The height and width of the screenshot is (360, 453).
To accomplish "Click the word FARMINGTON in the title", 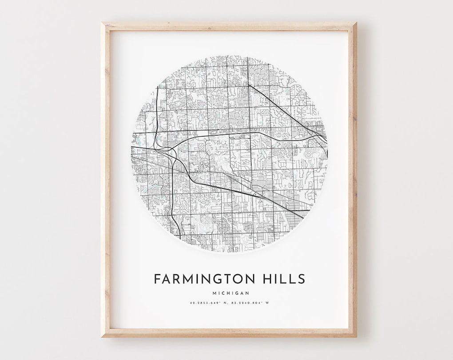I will (x=205, y=279).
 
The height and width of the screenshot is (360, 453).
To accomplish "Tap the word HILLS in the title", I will (x=283, y=279).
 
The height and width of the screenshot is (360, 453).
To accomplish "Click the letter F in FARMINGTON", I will (x=158, y=279).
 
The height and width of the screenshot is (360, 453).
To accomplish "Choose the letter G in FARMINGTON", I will (x=217, y=279).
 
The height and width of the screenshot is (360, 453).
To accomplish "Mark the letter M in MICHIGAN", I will (x=215, y=293).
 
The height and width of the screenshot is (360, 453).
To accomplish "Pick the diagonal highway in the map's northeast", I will (x=284, y=109).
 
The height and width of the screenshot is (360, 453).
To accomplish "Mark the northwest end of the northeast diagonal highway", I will (x=248, y=84).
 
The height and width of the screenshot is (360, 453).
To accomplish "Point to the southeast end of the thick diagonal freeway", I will (x=302, y=217).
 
